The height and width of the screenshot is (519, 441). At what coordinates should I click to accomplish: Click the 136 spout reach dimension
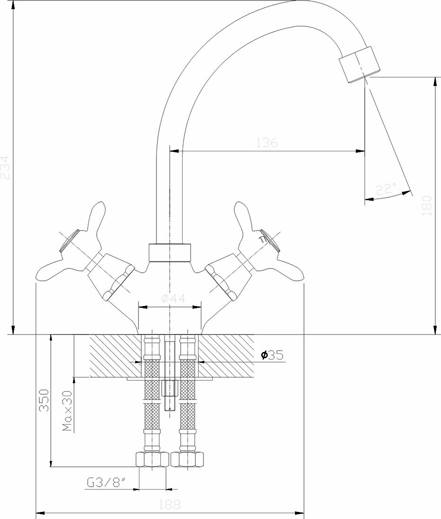[x=266, y=142]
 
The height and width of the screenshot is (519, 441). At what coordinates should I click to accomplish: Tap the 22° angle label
[x=386, y=189]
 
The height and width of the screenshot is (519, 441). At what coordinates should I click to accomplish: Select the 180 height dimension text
[x=427, y=205]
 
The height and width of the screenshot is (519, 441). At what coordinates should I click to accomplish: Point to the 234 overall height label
[x=5, y=167]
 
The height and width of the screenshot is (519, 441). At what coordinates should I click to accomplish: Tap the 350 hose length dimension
[x=44, y=401]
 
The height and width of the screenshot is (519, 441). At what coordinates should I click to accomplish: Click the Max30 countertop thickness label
[x=67, y=411]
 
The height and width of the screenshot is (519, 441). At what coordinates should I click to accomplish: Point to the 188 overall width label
[x=170, y=505]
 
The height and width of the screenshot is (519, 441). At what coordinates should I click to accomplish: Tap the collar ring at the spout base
[x=170, y=253]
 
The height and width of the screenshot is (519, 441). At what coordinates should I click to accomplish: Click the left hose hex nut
[x=152, y=459]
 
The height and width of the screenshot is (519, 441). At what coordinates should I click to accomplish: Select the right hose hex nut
[x=188, y=459]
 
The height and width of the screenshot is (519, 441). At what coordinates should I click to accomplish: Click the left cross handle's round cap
[x=68, y=241]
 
